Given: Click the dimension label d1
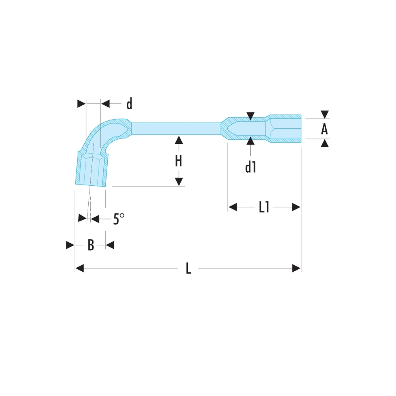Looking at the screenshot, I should point(250,168).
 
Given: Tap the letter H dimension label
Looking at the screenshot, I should point(179,161).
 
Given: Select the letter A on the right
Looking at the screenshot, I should point(324,129).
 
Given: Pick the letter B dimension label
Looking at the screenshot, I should point(91,246).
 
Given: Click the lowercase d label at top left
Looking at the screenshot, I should point(129,104).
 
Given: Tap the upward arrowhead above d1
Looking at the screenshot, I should point(250,141).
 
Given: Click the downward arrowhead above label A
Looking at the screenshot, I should point(325,114).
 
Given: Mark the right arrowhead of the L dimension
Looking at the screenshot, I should point(297,269).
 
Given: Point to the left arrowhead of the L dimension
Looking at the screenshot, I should point(80,269).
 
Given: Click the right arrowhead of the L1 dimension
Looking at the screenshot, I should point(297,207).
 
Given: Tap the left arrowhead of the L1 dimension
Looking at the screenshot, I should point(232,207).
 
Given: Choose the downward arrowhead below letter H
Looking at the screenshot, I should point(179,182).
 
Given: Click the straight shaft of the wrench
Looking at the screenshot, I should point(176,128).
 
